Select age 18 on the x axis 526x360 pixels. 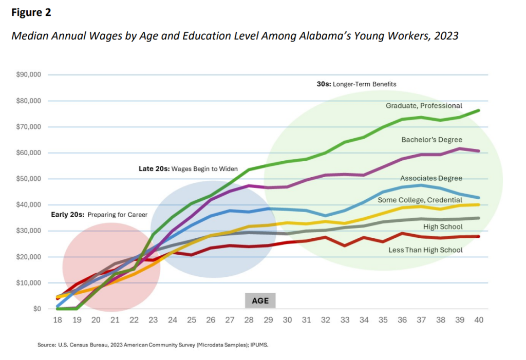coord(58,320)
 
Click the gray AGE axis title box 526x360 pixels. coord(260,300)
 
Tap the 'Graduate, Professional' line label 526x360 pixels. coord(424,106)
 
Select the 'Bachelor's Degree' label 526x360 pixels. coord(432,140)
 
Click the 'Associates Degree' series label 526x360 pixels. coord(431,178)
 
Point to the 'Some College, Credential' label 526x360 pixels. coord(420,200)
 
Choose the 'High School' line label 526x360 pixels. coord(443,226)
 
